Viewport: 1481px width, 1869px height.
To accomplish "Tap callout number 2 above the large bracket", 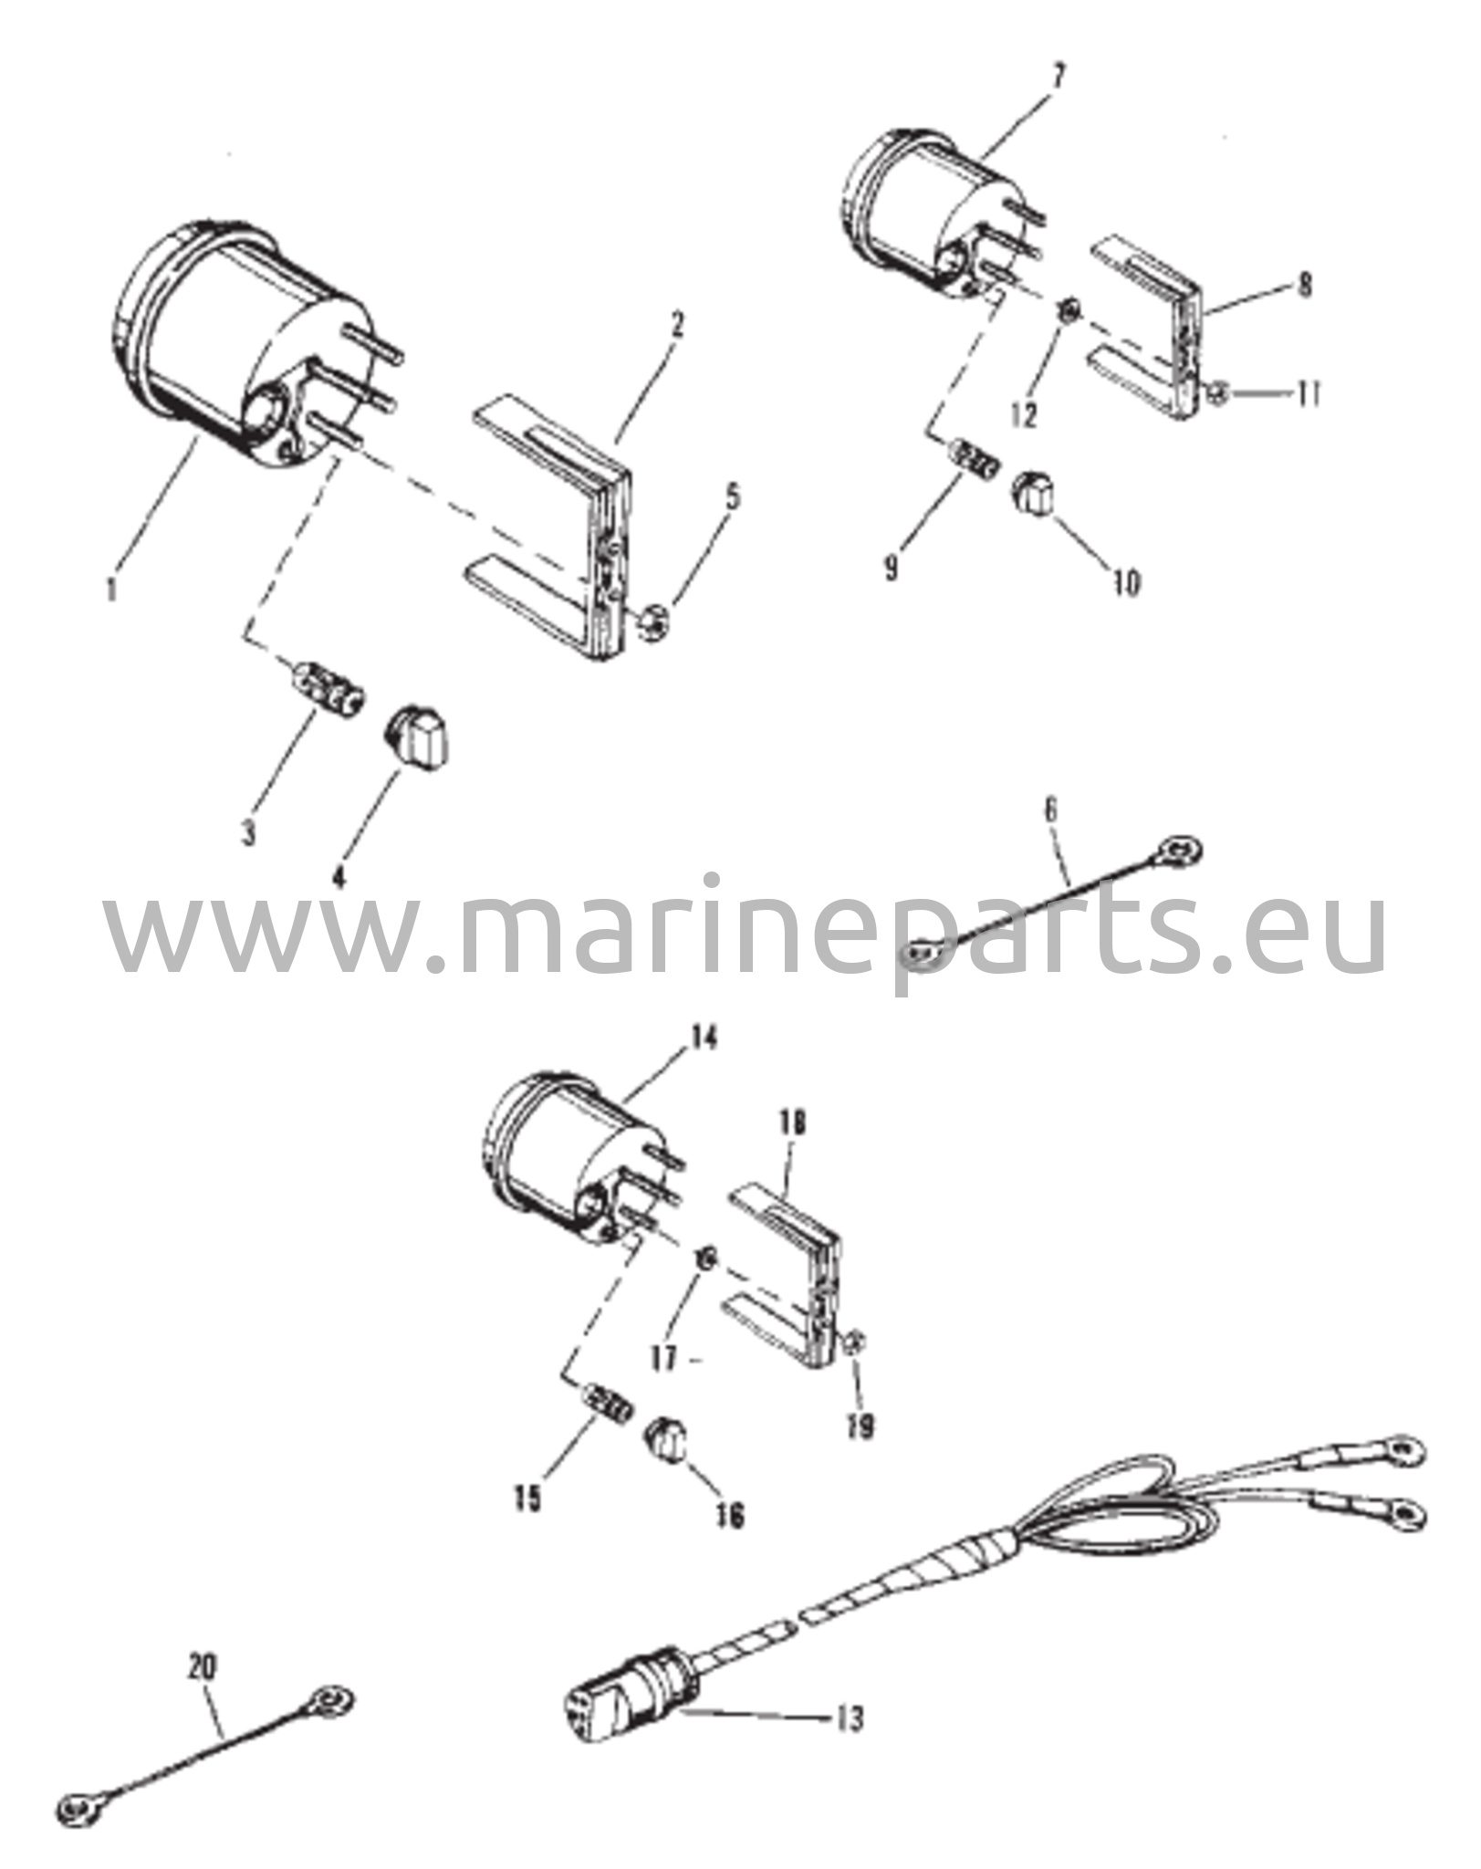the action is (676, 326).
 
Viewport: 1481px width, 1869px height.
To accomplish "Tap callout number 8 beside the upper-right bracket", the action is (1306, 286).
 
